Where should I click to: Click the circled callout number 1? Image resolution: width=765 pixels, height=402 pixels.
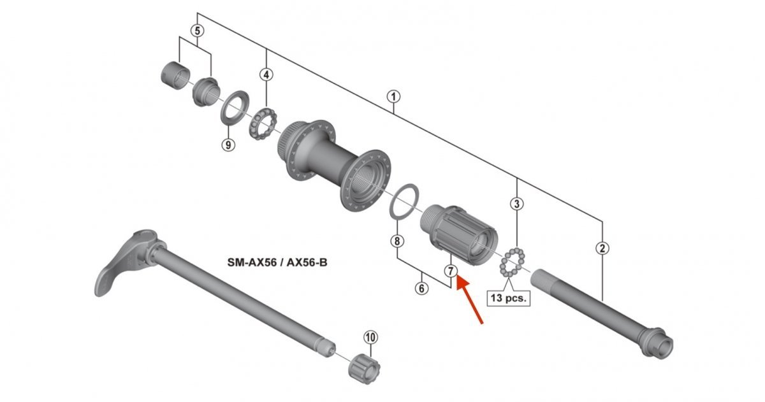coord(393,97)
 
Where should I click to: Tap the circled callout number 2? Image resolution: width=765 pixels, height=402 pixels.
coord(602,248)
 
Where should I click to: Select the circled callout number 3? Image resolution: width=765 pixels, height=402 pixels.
coord(517,204)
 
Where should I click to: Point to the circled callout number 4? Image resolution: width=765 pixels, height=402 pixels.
coord(266,75)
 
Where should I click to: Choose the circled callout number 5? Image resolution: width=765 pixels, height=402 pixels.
coord(198,31)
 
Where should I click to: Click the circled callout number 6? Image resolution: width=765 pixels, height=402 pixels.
coord(422,289)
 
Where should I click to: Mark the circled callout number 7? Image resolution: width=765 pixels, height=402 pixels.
coord(451,271)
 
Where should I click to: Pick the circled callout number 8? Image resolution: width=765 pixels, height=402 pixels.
coord(397,241)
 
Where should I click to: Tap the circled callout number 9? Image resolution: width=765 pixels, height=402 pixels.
coord(228,145)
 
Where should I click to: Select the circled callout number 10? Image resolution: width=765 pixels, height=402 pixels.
coord(370,338)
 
